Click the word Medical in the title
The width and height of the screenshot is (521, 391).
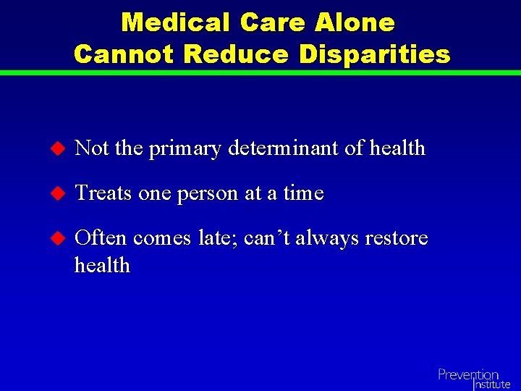(x=177, y=22)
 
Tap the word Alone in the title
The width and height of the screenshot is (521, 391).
(x=355, y=22)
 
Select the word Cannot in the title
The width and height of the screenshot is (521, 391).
(x=123, y=54)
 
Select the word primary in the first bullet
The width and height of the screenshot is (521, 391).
(x=185, y=150)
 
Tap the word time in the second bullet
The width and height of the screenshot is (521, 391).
(x=303, y=193)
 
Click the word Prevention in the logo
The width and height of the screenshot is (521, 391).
(x=467, y=374)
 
